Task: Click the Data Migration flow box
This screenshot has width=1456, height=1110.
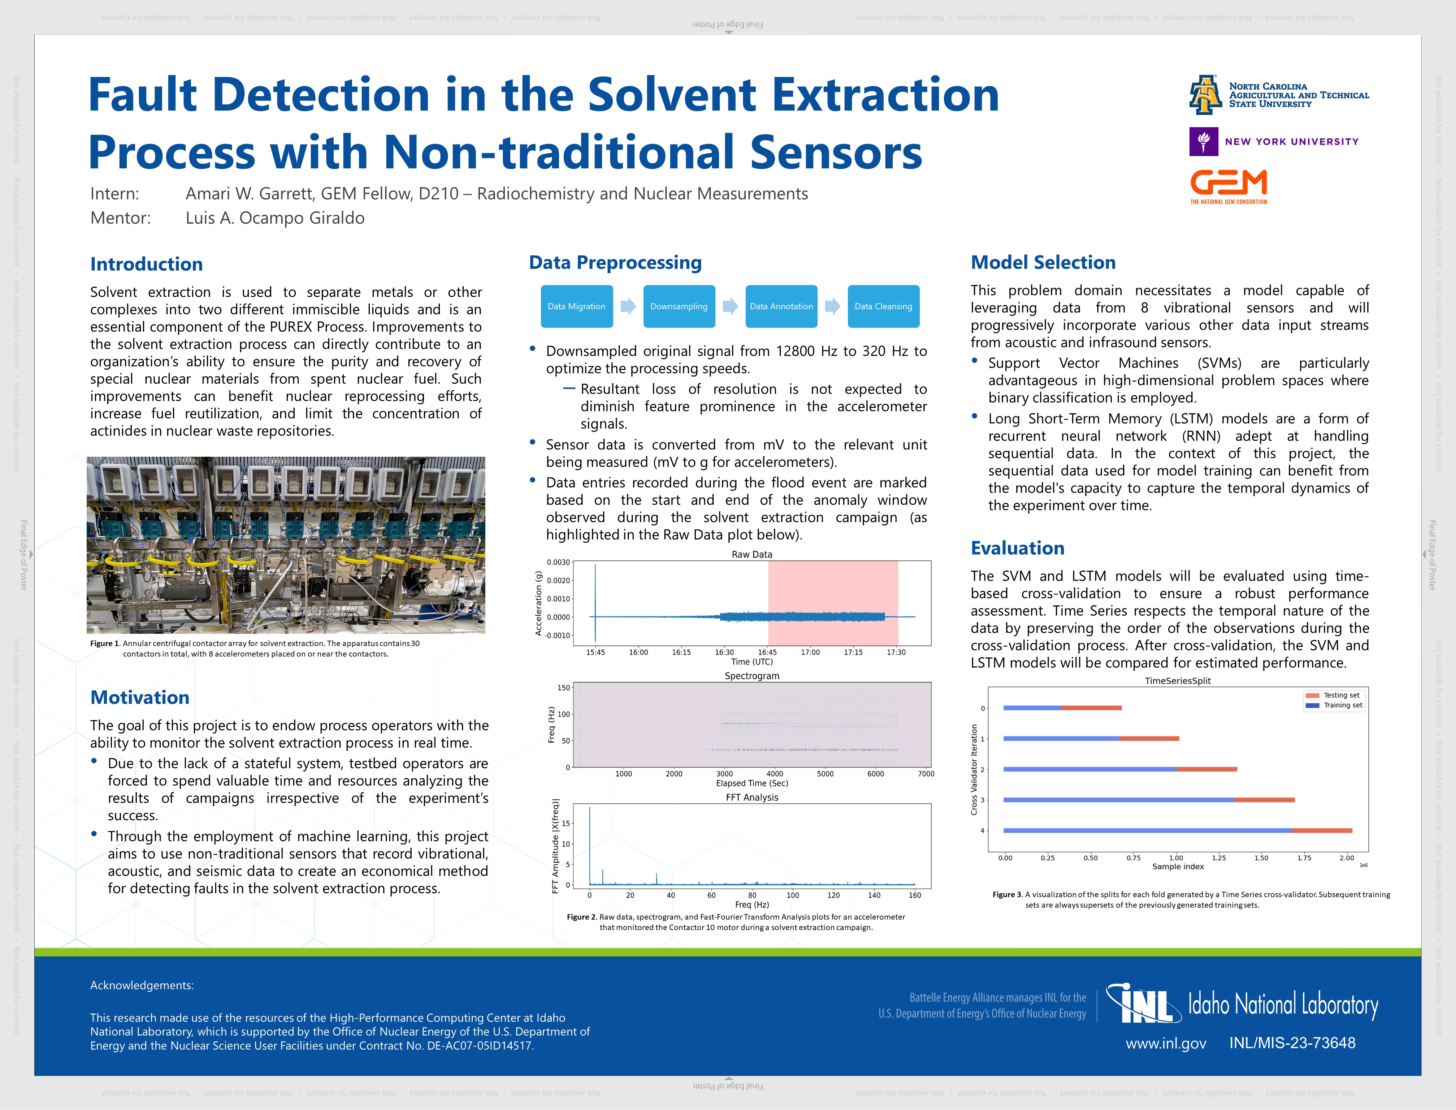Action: (x=576, y=306)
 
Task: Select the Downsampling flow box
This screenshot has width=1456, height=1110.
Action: (x=679, y=306)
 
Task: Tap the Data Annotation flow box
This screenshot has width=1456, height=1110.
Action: (x=781, y=306)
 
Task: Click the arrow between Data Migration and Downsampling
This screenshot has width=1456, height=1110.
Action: (x=628, y=306)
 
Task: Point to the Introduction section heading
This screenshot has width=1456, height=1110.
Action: (x=147, y=264)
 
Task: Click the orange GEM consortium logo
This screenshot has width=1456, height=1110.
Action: (x=1228, y=186)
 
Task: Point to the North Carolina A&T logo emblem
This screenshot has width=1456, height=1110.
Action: (x=1205, y=94)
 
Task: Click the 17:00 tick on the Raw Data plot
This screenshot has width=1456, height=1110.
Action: (x=810, y=652)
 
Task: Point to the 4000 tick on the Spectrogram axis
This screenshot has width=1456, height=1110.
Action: (x=775, y=774)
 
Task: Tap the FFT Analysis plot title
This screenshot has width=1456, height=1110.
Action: (x=752, y=797)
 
